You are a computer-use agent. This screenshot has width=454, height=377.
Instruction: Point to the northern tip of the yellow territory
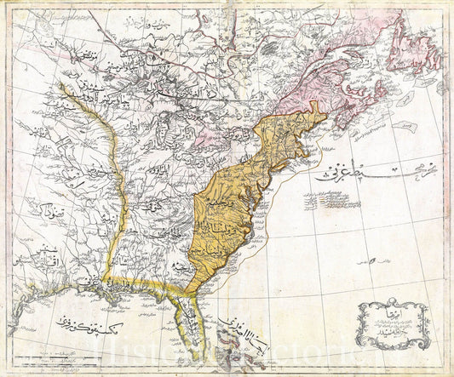click(x=317, y=105)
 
